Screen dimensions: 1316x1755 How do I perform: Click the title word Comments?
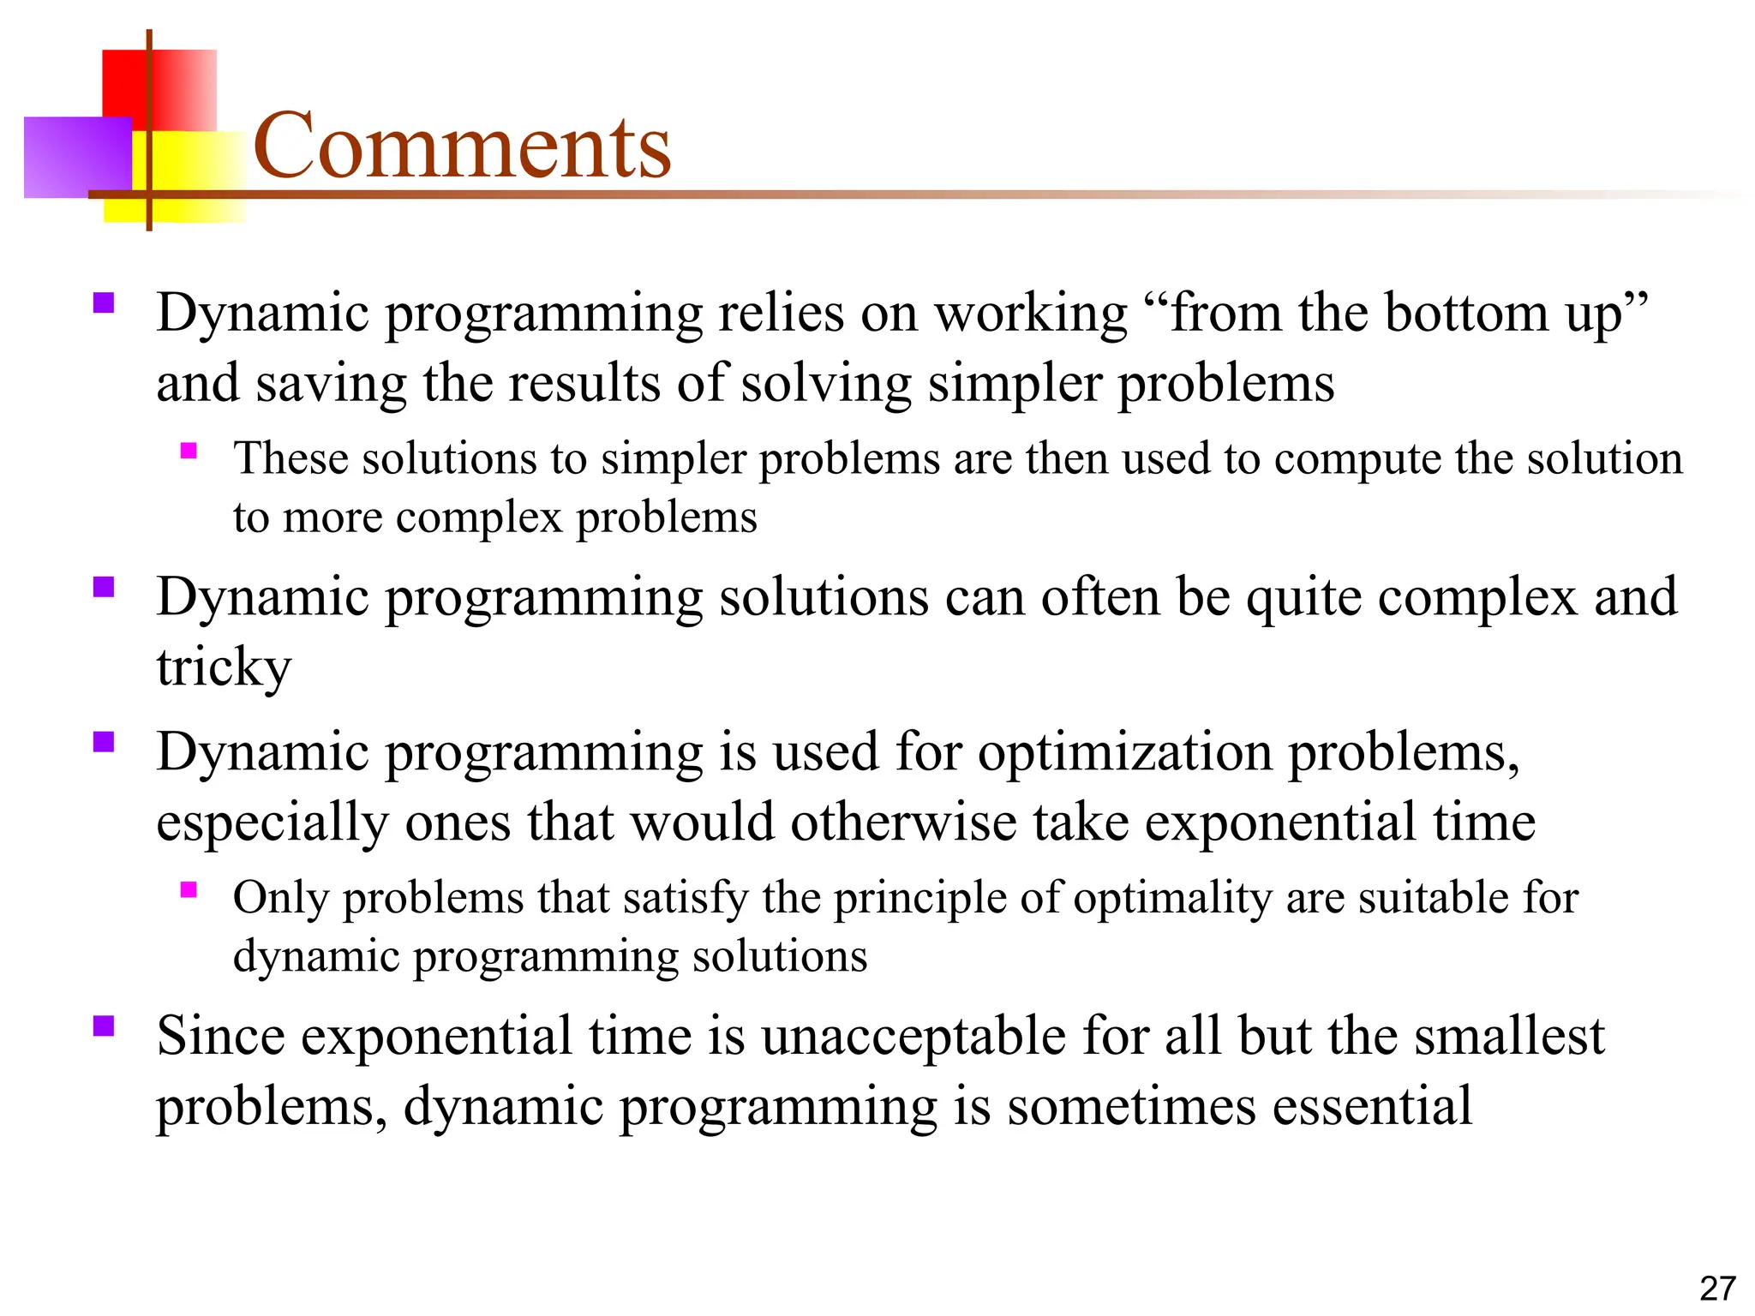pos(462,147)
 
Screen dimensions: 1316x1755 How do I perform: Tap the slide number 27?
pos(1717,1288)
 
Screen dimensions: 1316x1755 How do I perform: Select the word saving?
pos(331,383)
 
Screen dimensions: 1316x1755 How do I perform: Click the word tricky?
pos(224,667)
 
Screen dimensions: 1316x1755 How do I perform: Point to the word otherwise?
pos(903,822)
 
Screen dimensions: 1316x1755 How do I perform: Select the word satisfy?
pos(686,898)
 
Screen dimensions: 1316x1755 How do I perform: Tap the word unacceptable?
pos(913,1036)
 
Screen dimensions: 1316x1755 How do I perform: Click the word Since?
pos(220,1036)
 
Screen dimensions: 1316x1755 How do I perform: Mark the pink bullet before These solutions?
pos(189,451)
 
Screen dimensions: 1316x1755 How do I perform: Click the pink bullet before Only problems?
pos(189,890)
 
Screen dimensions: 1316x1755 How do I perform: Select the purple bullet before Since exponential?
pos(104,1026)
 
